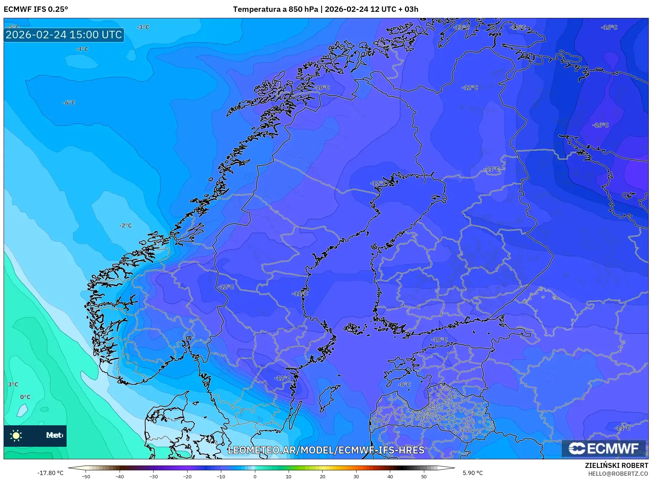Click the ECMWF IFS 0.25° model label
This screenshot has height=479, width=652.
(36, 9)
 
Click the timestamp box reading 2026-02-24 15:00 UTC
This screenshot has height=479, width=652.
(64, 35)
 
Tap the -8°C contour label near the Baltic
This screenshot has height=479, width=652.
(405, 384)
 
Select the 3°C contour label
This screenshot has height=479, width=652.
(13, 384)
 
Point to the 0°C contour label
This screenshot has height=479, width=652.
(25, 397)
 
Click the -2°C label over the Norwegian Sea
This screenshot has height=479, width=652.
(125, 226)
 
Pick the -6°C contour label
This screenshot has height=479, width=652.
(69, 103)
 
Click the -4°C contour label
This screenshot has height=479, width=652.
(82, 49)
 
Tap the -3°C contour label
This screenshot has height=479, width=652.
(143, 27)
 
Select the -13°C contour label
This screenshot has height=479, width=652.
(461, 27)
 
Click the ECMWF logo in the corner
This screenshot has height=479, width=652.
(604, 449)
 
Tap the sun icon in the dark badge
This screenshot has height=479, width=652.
(16, 436)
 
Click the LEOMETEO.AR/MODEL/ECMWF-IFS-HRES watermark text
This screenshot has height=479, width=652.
(326, 450)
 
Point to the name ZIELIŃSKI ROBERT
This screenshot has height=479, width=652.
(616, 465)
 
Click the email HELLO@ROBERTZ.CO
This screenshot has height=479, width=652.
(618, 474)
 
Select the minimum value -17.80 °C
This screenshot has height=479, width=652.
(50, 473)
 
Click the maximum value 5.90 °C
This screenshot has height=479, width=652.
(473, 473)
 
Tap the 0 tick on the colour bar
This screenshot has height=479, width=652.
(255, 476)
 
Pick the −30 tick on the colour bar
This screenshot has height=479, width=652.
(153, 476)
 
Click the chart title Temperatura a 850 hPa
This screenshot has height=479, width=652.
(275, 9)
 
